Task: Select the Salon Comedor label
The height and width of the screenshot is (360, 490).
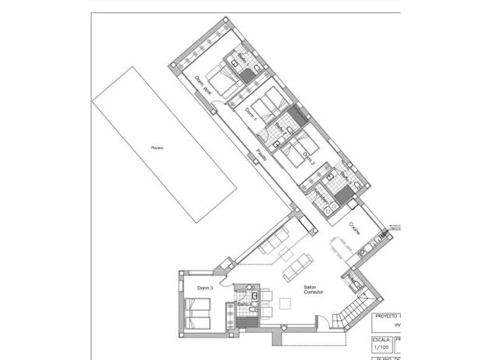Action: [x=314, y=288]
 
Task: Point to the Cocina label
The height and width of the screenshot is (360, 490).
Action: [x=354, y=228]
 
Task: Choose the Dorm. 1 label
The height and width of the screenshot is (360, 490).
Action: [x=250, y=115]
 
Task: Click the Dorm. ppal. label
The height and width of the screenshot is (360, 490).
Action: [x=204, y=86]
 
